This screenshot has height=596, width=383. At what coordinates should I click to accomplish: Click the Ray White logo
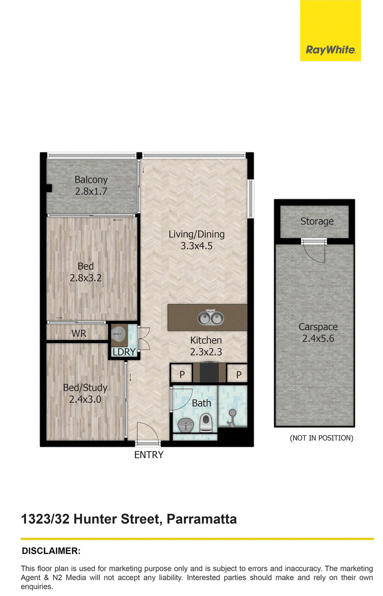pos(330,31)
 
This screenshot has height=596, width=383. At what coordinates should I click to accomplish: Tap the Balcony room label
pos(91,179)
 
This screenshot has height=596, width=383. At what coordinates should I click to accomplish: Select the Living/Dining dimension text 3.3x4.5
pos(197,246)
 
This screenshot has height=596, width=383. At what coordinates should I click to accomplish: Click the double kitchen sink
pos(210,318)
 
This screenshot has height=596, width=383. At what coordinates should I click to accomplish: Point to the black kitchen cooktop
pos(209,373)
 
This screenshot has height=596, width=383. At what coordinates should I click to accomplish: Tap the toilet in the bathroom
pos(205,422)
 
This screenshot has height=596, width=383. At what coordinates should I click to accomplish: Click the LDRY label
pos(124,352)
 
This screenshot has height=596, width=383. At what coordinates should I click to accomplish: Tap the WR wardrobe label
pos(79,333)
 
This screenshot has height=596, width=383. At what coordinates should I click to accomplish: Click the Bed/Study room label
pos(85,387)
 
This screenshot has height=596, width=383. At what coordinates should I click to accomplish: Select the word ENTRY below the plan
pos(148,455)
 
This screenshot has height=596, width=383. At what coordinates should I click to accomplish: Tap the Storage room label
pos(317,221)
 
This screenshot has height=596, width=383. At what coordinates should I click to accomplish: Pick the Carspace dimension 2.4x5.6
pos(318,339)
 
